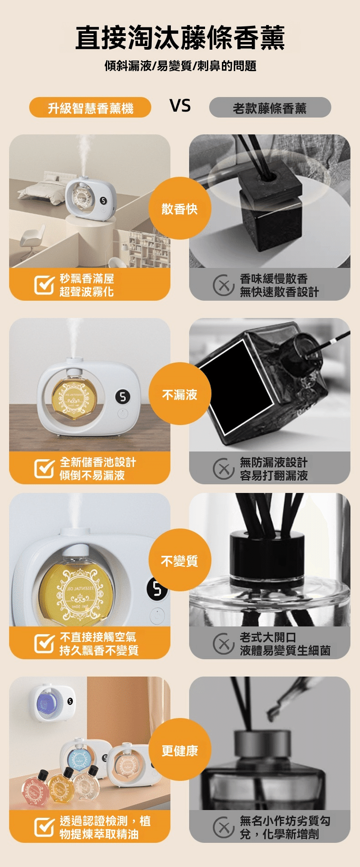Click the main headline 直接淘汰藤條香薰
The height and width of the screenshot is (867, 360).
pyautogui.click(x=180, y=38)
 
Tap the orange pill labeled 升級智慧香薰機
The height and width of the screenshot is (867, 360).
pyautogui.click(x=90, y=108)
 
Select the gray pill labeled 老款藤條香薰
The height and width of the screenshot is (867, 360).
pyautogui.click(x=270, y=108)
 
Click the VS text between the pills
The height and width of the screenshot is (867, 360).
pyautogui.click(x=180, y=106)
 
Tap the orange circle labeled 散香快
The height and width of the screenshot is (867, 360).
pyautogui.click(x=180, y=208)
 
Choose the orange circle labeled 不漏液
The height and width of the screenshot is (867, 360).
pyautogui.click(x=180, y=394)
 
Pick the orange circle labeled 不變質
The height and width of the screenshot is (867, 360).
pyautogui.click(x=180, y=560)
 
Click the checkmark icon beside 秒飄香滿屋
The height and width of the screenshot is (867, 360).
pyautogui.click(x=44, y=285)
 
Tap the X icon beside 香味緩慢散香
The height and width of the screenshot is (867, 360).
pyautogui.click(x=223, y=285)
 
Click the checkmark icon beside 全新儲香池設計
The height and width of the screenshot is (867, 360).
pyautogui.click(x=44, y=468)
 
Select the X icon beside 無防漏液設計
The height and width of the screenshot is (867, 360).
pyautogui.click(x=223, y=468)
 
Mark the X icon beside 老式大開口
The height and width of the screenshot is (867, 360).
pyautogui.click(x=223, y=643)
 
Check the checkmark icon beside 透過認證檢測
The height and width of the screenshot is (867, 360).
pyautogui.click(x=44, y=827)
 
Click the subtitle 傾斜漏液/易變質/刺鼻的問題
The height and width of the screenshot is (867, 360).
pyautogui.click(x=180, y=66)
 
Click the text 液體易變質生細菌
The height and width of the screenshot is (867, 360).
pyautogui.click(x=285, y=650)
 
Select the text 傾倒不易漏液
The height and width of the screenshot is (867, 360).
pyautogui.click(x=92, y=475)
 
